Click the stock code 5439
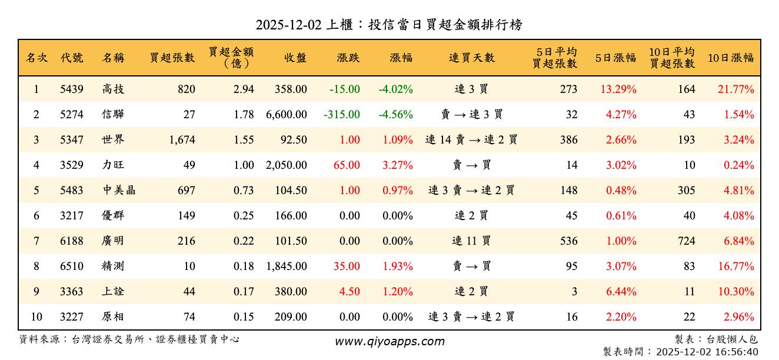click(x=72, y=89)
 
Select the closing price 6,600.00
click(x=287, y=115)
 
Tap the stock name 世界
click(x=113, y=140)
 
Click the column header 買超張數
click(x=172, y=58)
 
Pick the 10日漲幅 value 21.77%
click(x=736, y=89)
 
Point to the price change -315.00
click(x=342, y=115)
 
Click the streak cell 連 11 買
click(x=471, y=241)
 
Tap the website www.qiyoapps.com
click(x=389, y=341)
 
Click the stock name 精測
click(x=113, y=266)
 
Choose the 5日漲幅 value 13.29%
click(x=618, y=89)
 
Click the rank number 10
click(x=36, y=317)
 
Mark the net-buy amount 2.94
click(x=244, y=89)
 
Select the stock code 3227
click(x=72, y=317)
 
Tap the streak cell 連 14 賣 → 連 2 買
click(x=471, y=140)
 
